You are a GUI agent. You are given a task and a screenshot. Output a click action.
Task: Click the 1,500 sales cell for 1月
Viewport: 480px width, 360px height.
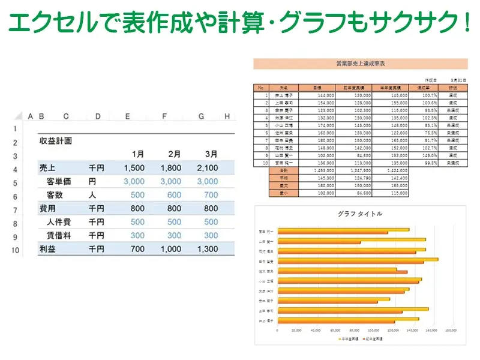[x=134, y=168]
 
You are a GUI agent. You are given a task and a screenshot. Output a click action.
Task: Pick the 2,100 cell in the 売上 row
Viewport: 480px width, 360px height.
[x=207, y=168]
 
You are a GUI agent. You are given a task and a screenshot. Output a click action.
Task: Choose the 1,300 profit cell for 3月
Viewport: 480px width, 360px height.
[x=207, y=248]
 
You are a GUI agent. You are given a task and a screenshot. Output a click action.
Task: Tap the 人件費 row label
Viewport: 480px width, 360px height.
[x=59, y=222]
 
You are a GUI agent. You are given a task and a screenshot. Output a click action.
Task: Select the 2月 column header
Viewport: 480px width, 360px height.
[x=174, y=154]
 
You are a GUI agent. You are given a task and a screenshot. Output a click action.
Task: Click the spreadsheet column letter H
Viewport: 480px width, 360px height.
[x=227, y=116]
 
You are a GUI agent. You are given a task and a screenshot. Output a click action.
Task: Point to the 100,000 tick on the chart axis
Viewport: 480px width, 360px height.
[x=373, y=330]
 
